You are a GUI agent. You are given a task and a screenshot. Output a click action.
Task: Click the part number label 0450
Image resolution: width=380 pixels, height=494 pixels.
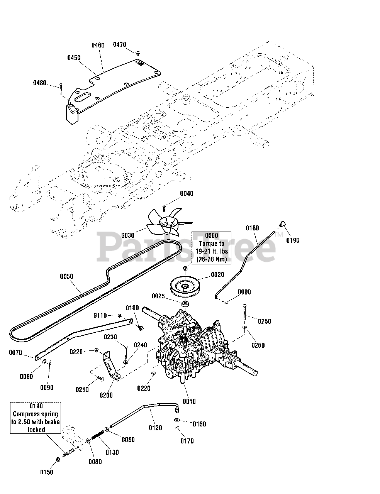coord(74,58)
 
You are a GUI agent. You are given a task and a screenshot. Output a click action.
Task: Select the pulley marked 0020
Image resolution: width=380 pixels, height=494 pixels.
coord(185,287)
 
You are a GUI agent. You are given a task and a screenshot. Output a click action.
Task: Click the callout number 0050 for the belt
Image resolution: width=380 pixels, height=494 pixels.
coord(67,276)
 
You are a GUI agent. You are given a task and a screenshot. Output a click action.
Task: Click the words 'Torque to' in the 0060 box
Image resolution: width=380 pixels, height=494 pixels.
coord(212,244)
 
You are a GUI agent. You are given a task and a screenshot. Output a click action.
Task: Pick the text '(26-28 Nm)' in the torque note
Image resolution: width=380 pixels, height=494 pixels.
coord(212,259)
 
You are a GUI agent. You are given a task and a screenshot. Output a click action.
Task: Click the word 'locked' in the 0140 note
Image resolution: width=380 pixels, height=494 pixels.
coord(36,430)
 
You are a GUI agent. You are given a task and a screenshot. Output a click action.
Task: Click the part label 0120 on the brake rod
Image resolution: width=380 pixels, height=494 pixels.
coord(155,428)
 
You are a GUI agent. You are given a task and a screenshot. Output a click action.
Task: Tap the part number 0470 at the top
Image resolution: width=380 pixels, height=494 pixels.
coord(120,44)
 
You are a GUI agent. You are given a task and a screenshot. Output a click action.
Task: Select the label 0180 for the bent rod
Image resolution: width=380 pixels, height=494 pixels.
coord(252,228)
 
